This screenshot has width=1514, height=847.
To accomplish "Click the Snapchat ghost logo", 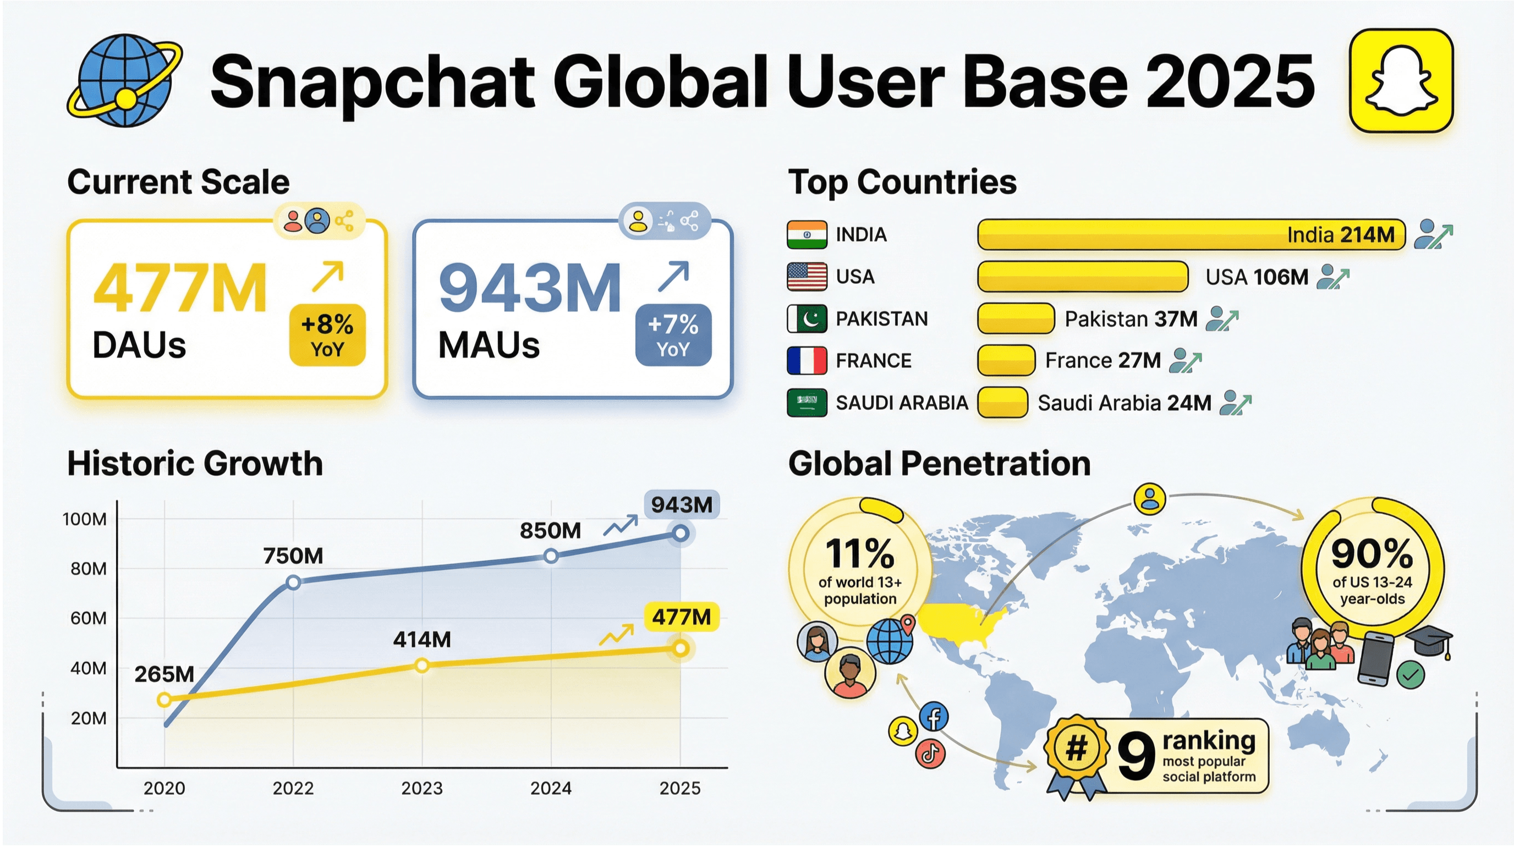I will point(1401,81).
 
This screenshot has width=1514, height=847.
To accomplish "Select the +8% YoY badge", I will point(327,335).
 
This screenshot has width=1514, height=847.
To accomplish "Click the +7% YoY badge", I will point(673,335).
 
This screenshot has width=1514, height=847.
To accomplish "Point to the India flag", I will point(807,234).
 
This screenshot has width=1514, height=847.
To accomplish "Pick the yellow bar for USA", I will point(1083,277).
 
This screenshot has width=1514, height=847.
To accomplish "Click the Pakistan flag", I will point(807,319).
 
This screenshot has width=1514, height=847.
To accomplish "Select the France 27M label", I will point(1102,361).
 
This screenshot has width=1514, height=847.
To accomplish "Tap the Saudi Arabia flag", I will point(807,403).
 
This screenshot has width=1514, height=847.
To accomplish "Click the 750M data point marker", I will point(293,582).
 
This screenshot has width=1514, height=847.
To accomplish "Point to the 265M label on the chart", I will point(164,674).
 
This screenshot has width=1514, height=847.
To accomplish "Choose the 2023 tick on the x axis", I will point(422,788).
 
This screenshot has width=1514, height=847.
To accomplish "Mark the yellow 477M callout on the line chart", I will point(681,617).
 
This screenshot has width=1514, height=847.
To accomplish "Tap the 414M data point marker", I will point(421,665).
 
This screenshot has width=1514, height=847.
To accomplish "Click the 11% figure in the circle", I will point(859,554).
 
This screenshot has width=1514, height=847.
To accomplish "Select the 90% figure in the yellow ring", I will point(1372,554).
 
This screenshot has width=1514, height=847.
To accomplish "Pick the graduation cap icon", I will point(1429,641).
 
